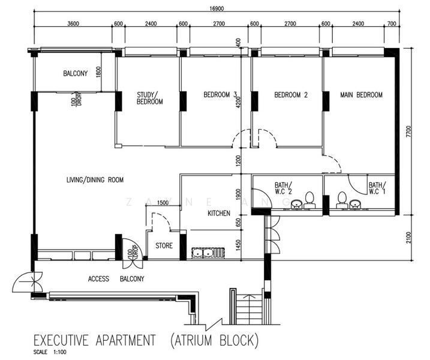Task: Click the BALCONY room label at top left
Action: [x=76, y=73]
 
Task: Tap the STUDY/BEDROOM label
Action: [x=150, y=98]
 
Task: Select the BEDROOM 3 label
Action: [x=220, y=95]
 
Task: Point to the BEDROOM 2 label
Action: [x=291, y=95]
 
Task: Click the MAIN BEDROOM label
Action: [x=361, y=95]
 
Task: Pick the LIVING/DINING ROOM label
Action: [x=95, y=180]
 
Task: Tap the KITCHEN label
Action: [x=219, y=213]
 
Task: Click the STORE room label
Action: [x=164, y=245]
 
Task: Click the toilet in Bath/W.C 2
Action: [x=309, y=200]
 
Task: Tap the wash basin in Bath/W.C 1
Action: [x=355, y=203]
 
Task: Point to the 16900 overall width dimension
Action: [x=216, y=8]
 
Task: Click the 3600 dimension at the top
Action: [x=73, y=23]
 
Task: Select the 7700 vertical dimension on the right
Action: [x=409, y=131]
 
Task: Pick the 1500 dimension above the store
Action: [x=163, y=203]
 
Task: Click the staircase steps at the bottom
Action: [x=249, y=309]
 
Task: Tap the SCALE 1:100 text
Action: [x=50, y=352]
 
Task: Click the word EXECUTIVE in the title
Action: [x=61, y=340]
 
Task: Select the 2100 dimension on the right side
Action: [x=409, y=238]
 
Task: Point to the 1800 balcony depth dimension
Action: [x=99, y=72]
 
